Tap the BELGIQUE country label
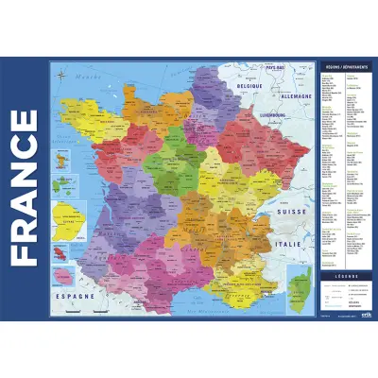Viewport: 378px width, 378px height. [x=249, y=84]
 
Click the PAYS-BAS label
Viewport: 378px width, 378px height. [x=277, y=68]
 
